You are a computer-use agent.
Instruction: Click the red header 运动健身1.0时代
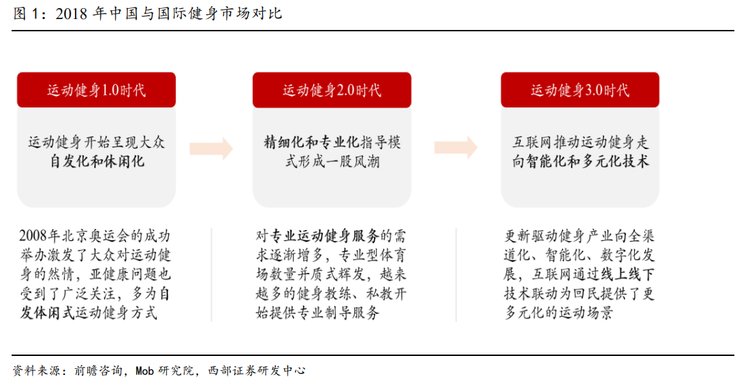click(x=96, y=90)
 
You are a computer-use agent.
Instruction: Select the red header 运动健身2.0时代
click(x=332, y=90)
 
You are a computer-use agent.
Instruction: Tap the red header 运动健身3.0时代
click(x=580, y=90)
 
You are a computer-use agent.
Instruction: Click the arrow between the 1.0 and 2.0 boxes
click(x=211, y=148)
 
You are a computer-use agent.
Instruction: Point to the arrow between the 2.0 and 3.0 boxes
click(x=456, y=148)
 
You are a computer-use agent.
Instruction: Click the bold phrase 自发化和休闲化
click(x=97, y=161)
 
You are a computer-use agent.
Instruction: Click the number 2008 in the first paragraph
click(x=33, y=235)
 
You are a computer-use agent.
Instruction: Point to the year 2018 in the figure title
click(x=71, y=14)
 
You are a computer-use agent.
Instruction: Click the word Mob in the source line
click(x=144, y=371)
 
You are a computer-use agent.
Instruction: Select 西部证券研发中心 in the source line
click(x=257, y=371)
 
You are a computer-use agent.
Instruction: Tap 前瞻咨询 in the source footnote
click(x=98, y=371)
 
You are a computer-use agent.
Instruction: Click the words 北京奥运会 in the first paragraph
click(x=82, y=235)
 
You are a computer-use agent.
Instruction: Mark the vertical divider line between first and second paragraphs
click(x=211, y=275)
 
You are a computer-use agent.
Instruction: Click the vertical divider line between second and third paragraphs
click(x=456, y=275)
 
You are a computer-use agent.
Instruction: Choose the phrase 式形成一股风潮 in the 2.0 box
click(x=332, y=161)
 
